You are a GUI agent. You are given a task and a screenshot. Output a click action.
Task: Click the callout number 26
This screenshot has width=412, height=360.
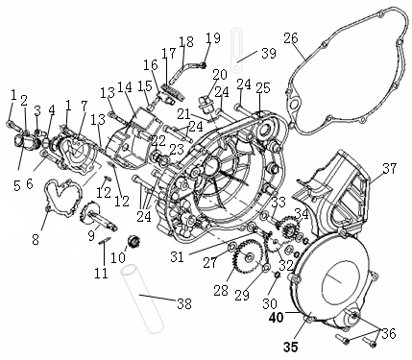coord(291,38)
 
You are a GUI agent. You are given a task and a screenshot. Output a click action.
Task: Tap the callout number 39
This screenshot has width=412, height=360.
coord(269,53)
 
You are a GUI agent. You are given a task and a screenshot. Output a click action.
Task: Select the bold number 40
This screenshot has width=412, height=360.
coord(277,318)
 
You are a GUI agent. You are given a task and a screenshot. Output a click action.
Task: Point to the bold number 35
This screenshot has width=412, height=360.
coord(290,347)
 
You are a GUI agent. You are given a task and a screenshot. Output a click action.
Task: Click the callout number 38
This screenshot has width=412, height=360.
coord(184,303)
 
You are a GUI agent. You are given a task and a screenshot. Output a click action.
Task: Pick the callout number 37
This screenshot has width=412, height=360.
coord(390,168)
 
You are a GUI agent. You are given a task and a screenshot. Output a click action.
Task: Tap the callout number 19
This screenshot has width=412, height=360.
coord(213,38)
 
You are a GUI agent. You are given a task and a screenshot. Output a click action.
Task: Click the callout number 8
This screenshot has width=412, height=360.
coord(36,239)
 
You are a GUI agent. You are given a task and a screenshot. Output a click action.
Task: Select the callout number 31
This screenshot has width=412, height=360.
coord(177,256)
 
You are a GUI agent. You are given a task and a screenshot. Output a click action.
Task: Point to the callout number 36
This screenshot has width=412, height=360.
coord(389,334)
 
